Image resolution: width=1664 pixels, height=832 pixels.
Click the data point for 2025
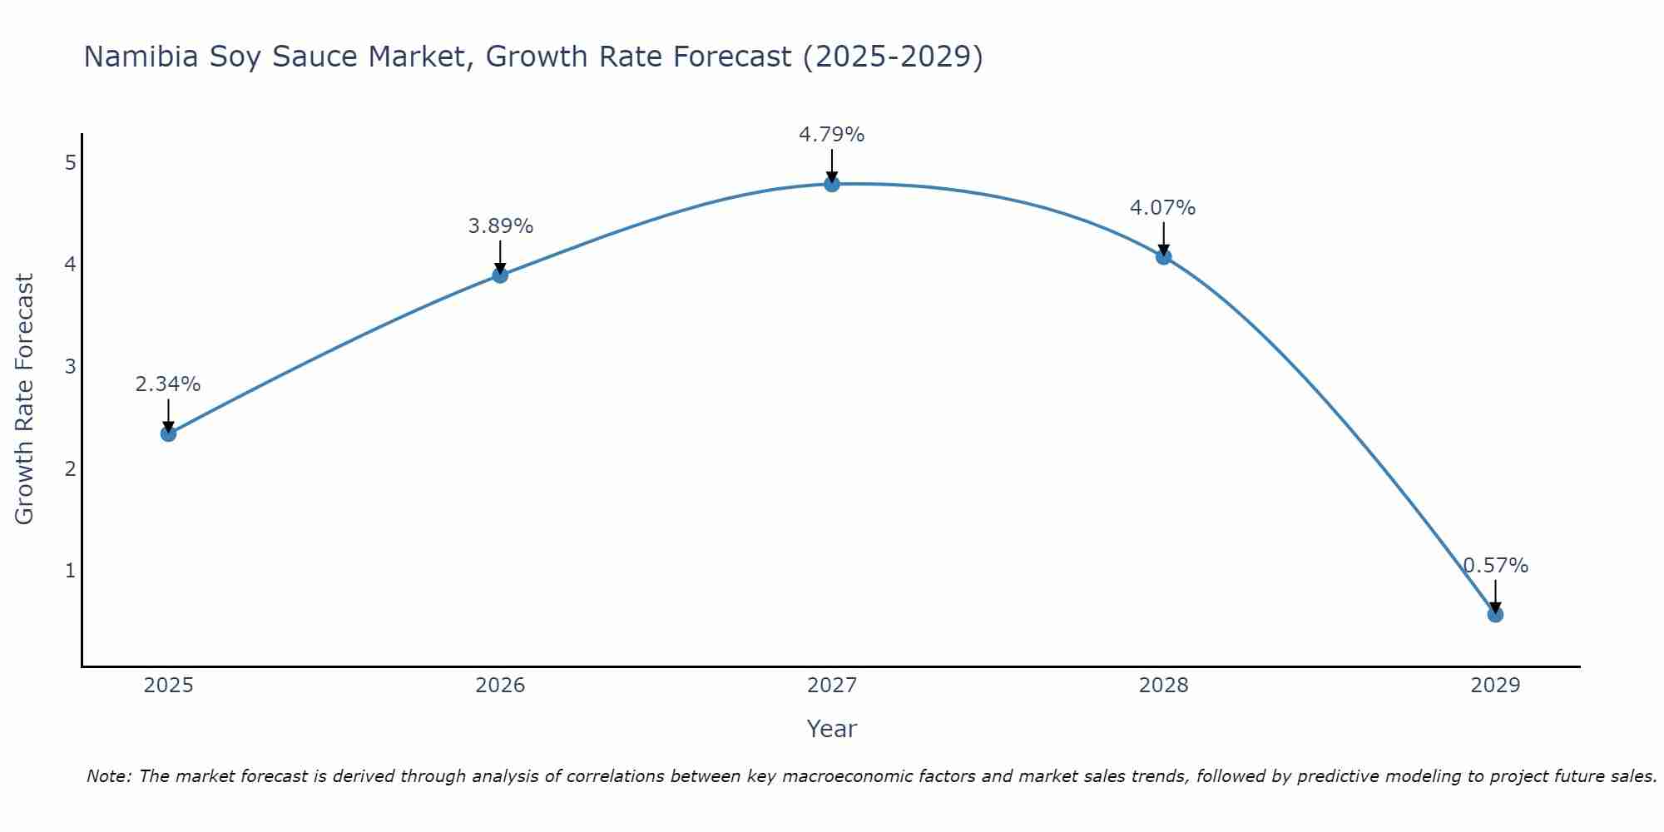click(168, 433)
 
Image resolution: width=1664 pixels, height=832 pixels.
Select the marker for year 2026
click(500, 275)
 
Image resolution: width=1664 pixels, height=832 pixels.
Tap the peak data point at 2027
click(832, 184)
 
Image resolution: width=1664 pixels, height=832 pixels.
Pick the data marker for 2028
click(1163, 256)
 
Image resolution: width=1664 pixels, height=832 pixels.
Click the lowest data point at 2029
click(1495, 615)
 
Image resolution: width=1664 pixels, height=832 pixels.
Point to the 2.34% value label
click(168, 384)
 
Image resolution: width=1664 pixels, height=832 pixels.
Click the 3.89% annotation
click(500, 226)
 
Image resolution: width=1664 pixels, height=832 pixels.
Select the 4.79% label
click(832, 135)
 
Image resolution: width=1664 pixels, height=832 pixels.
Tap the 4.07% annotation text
click(1162, 208)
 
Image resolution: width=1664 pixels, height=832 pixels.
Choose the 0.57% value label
click(1495, 566)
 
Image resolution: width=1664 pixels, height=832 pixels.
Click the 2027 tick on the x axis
click(832, 686)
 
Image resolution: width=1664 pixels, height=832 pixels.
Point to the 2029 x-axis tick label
click(1495, 686)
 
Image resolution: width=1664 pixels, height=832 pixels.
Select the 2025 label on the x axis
click(168, 686)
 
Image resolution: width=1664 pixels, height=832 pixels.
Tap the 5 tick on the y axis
click(70, 162)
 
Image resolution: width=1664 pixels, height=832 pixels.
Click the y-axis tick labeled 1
click(70, 571)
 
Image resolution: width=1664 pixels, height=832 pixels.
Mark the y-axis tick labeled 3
click(70, 367)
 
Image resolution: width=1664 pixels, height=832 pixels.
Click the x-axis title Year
click(832, 729)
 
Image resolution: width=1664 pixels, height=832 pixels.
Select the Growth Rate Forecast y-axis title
click(25, 399)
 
